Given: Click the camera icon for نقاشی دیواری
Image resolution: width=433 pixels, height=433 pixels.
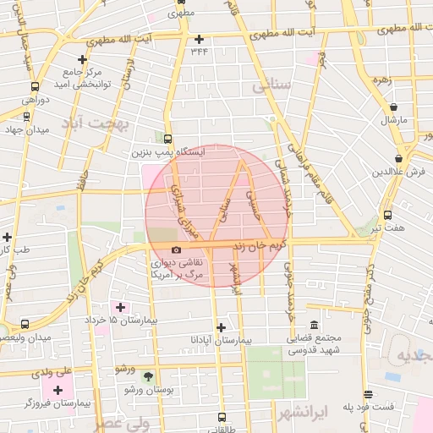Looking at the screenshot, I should [x=176, y=249].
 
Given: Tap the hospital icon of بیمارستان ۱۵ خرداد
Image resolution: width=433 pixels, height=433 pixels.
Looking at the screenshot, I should [x=119, y=307].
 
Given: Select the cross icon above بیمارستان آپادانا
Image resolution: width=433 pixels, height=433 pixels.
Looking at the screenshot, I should [x=221, y=326].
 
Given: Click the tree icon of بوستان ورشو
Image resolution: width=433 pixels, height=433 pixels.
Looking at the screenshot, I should [x=149, y=376].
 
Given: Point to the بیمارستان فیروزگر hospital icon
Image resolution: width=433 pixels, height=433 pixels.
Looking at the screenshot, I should [x=58, y=390].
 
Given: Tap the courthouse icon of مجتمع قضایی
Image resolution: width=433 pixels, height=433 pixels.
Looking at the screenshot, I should [x=314, y=326].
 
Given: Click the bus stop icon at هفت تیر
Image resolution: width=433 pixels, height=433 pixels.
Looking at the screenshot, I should [x=387, y=215].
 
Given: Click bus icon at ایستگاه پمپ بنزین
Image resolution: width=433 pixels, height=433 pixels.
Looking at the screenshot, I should [x=167, y=139].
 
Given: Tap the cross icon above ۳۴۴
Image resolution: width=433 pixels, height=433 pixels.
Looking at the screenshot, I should [x=199, y=39].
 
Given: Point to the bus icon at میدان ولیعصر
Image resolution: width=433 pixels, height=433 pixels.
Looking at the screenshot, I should [x=24, y=324].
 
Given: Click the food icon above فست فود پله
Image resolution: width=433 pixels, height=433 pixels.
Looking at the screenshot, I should [x=368, y=393].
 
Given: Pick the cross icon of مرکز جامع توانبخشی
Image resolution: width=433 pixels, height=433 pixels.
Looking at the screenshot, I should [x=82, y=59].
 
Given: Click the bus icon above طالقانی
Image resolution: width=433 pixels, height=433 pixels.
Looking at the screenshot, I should [x=222, y=417].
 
